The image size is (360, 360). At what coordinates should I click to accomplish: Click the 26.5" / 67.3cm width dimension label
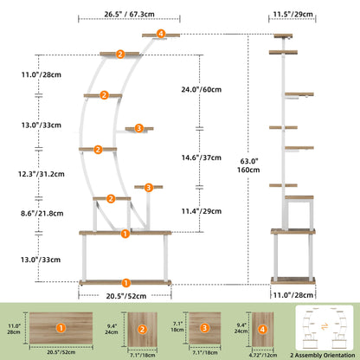point(129,14)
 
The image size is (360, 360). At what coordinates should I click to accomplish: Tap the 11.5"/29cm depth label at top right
point(292,14)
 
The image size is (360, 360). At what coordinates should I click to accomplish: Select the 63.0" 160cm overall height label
point(248,165)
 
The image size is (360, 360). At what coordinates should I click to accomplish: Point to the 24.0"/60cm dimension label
point(202,89)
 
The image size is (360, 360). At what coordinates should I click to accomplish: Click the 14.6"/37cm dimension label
point(202,157)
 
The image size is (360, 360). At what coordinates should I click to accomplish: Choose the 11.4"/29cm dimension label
point(202,211)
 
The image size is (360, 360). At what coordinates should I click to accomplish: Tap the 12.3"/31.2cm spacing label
point(42,174)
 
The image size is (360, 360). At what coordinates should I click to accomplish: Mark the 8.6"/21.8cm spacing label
point(42,214)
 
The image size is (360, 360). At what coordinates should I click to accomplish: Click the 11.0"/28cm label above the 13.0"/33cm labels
point(42,74)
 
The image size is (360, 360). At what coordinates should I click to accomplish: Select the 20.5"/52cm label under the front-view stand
point(126,296)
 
